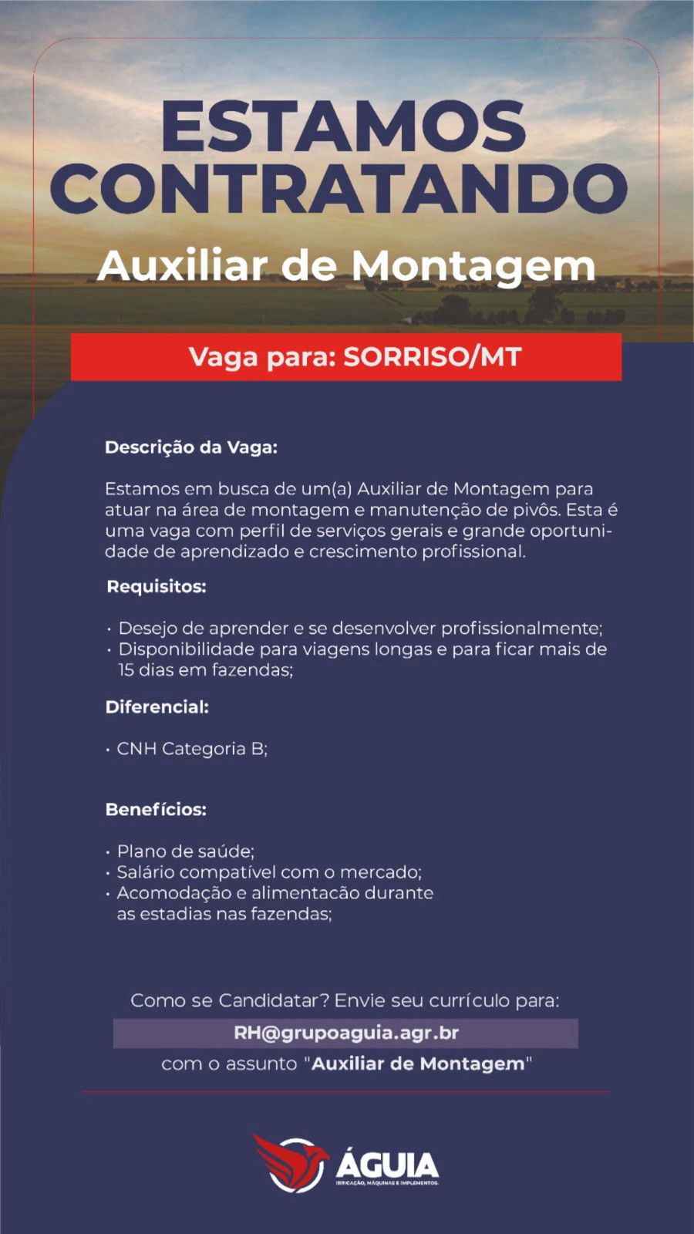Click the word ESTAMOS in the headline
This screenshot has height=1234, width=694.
pos(343,126)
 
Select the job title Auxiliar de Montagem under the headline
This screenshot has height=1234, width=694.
pos(346,266)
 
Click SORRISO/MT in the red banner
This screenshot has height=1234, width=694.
pos(432,357)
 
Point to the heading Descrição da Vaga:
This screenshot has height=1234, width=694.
pos(190,447)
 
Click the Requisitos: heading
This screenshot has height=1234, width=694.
pos(156,587)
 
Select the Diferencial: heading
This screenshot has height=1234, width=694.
pos(157,707)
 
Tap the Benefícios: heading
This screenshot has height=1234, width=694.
pos(156,810)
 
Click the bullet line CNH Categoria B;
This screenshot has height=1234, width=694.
pos(191,749)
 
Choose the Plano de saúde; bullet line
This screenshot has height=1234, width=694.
pos(185,851)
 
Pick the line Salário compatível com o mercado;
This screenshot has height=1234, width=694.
pos(268,872)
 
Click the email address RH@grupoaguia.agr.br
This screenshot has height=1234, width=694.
pos(346,1033)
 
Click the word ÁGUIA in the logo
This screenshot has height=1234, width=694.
pos(387,1164)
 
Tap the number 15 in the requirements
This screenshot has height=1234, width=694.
pos(126,670)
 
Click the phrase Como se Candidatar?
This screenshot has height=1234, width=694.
pos(230,1001)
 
